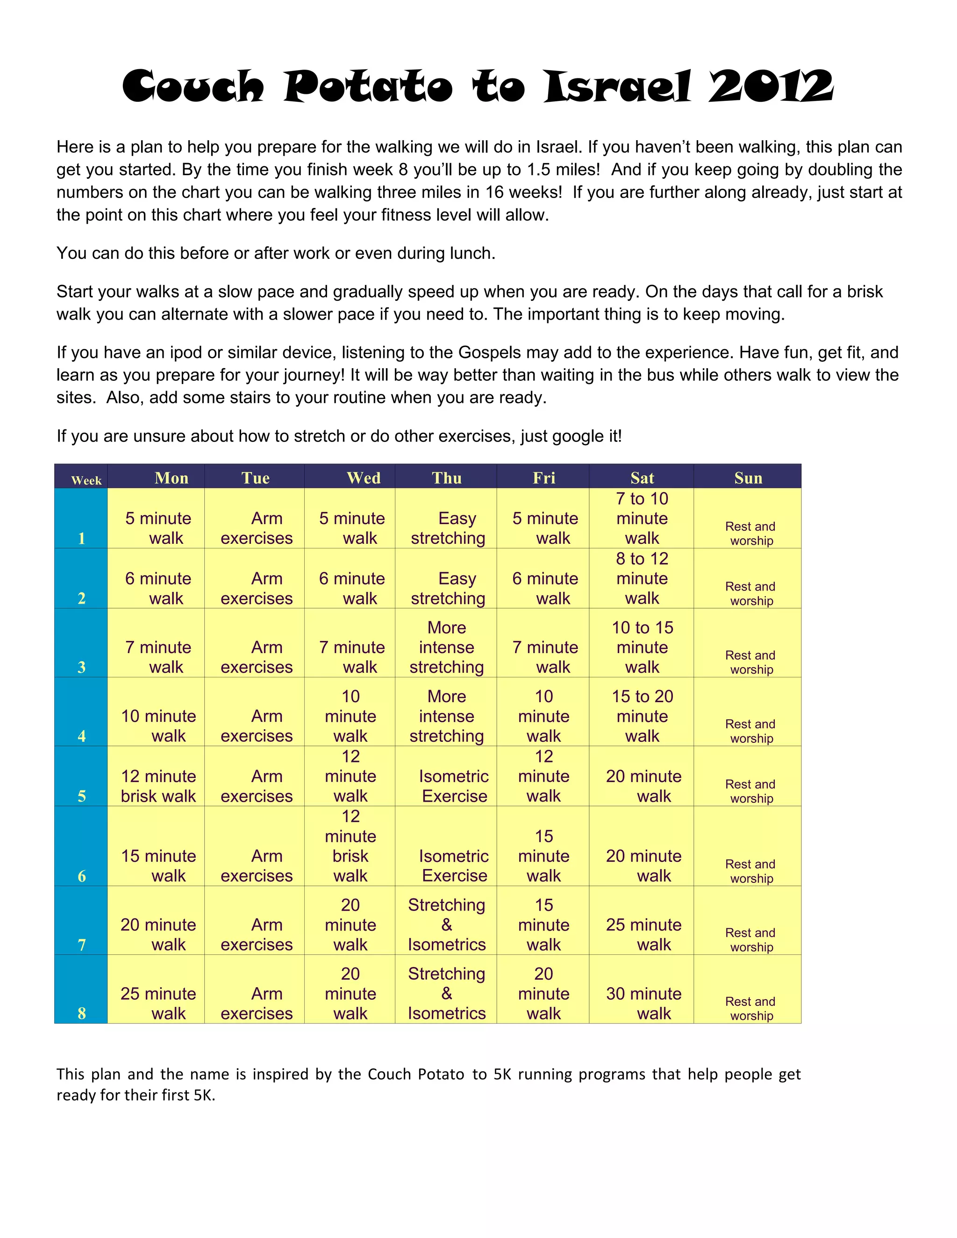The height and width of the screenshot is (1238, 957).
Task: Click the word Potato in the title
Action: point(368,87)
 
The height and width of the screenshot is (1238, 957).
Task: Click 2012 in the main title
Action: point(771,87)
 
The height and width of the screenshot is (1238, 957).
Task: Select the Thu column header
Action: point(447,478)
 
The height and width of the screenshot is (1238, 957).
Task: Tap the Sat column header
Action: point(642,478)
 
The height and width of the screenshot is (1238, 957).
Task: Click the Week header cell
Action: point(86,481)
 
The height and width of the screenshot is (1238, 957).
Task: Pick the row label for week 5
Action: point(82,796)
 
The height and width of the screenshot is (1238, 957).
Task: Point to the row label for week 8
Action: point(82,1013)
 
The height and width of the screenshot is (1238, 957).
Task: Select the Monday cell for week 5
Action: point(158,786)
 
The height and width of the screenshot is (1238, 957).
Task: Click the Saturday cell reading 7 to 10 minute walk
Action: point(642,518)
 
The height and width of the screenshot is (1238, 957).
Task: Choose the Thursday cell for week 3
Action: point(447,647)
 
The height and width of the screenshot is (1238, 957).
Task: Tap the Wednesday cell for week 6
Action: point(350,846)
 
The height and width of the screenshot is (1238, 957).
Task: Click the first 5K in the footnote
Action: point(502,1074)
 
